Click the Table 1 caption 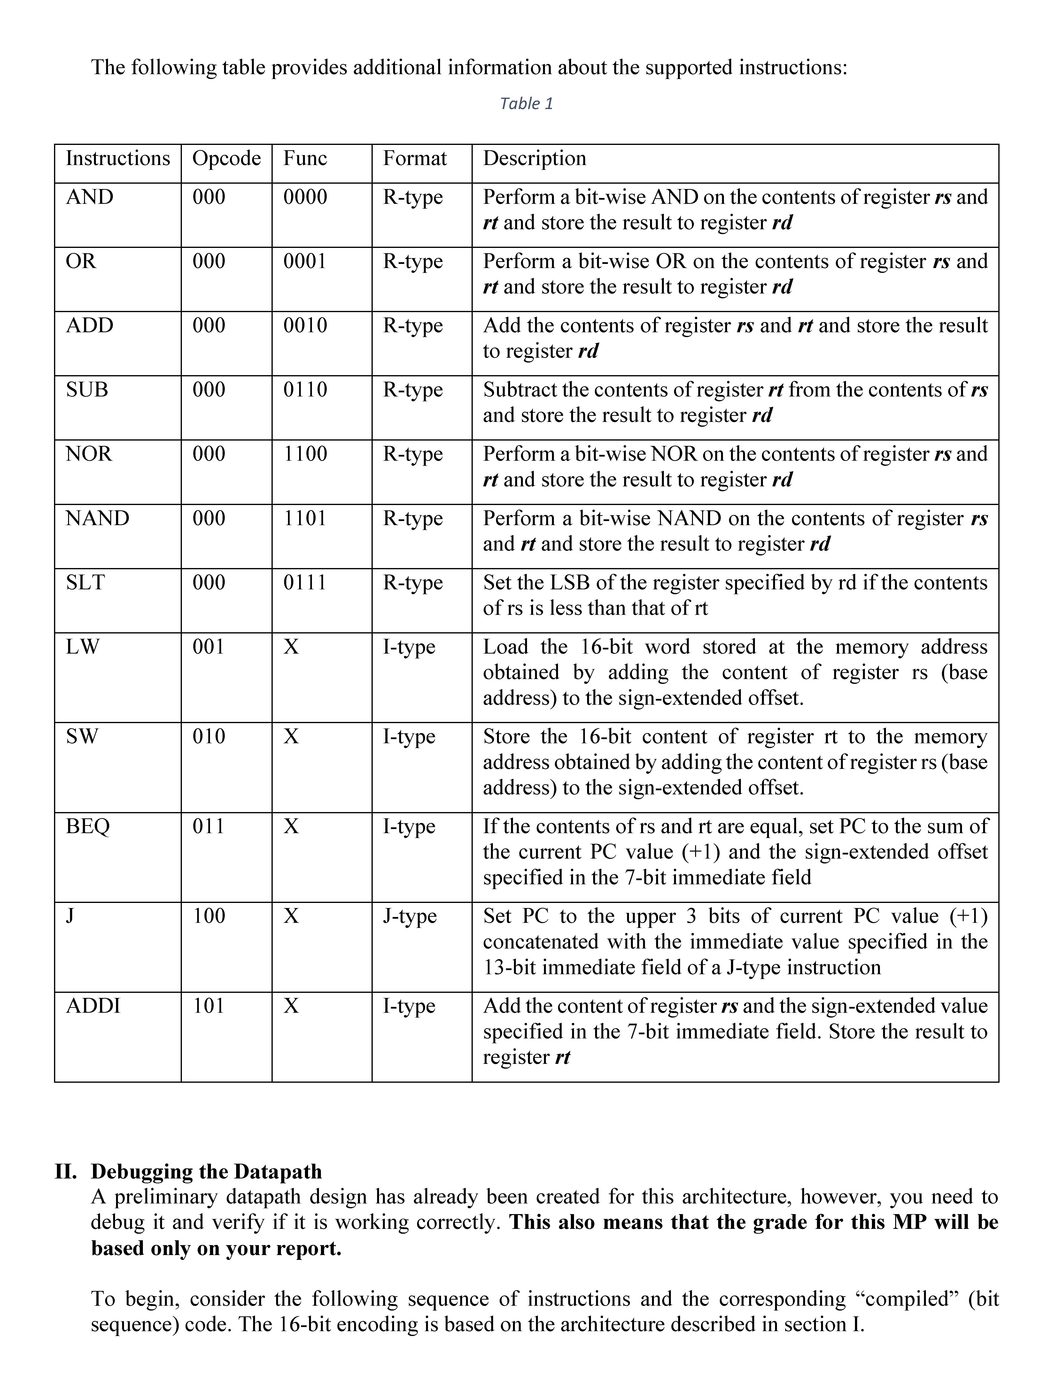(x=527, y=104)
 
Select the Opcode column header (x=226, y=158)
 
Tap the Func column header (x=305, y=158)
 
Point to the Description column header (x=535, y=158)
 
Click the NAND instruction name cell (x=97, y=518)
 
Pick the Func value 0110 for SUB (x=305, y=390)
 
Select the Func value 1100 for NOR (x=305, y=454)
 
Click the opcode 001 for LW (x=209, y=647)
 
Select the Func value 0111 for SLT (x=305, y=582)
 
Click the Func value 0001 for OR (x=305, y=261)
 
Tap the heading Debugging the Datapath (x=206, y=1172)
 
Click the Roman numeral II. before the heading (x=66, y=1172)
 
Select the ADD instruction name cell (x=90, y=325)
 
